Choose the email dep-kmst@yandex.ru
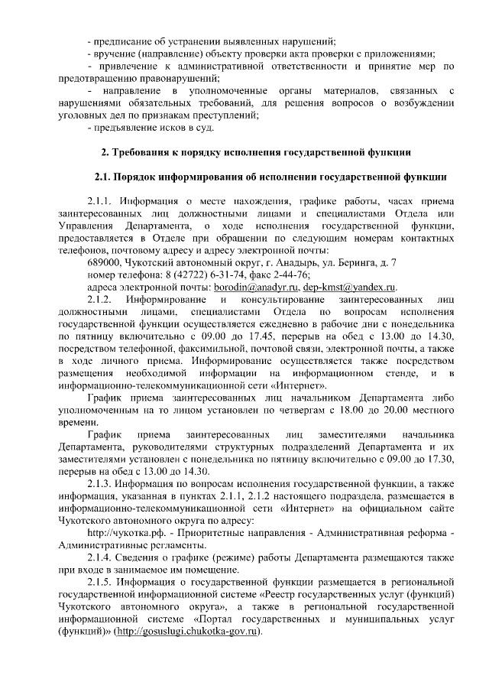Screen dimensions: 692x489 347,287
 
